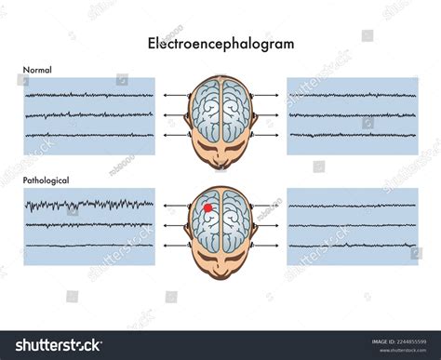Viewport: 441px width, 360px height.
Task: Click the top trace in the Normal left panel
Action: tap(89, 94)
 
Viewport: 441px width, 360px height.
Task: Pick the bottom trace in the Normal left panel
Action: tap(89, 136)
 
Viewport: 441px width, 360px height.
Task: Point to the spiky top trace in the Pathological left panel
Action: tap(89, 204)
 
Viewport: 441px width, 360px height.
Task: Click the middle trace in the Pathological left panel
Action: tap(89, 225)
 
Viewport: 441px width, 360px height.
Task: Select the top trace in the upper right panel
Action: tap(352, 95)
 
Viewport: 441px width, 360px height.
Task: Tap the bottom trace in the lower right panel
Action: tap(352, 247)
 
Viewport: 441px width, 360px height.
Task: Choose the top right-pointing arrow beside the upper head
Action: tap(264, 95)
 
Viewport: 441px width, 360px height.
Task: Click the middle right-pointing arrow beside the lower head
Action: tap(264, 225)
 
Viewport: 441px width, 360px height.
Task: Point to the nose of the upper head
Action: tap(220, 166)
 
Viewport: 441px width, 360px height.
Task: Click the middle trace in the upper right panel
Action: tap(352, 115)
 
